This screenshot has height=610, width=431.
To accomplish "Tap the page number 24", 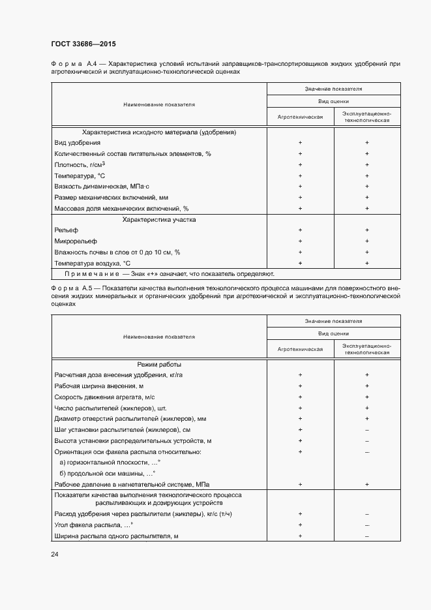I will [54, 554].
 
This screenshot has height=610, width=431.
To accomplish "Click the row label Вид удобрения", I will [78, 142].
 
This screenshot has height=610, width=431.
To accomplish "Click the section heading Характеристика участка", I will [159, 220].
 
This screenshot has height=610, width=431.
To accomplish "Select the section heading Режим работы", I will [159, 364].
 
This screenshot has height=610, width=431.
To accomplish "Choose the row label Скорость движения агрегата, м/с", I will [104, 397].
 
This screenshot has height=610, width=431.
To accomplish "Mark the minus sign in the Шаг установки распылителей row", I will [367, 430].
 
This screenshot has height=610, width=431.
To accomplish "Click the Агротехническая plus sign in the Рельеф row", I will [300, 230].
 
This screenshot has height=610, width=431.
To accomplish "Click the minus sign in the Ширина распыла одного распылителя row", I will [367, 536].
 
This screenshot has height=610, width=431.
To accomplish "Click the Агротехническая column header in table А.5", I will [300, 349].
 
